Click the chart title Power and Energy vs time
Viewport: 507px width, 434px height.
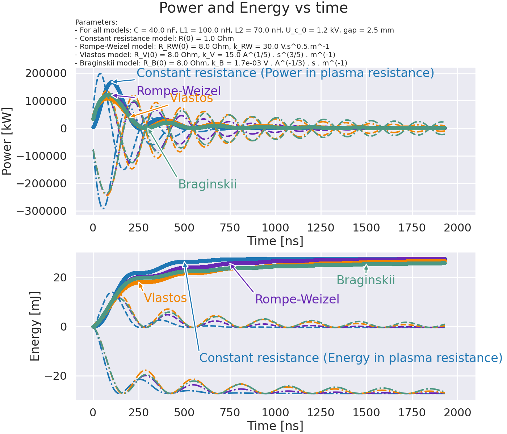click(253, 8)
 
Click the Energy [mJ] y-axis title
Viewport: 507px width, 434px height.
click(34, 327)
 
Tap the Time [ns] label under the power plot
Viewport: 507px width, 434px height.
click(275, 241)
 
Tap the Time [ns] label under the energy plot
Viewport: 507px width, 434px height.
click(275, 426)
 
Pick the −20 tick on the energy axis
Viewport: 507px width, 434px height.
click(56, 376)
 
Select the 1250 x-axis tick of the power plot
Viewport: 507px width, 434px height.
click(321, 228)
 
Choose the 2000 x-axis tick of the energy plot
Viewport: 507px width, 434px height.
click(458, 412)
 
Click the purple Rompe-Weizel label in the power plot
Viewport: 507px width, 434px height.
click(179, 91)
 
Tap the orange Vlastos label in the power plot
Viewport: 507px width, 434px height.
click(191, 98)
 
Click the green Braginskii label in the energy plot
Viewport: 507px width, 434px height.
click(365, 280)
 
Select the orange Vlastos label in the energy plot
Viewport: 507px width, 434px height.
click(165, 298)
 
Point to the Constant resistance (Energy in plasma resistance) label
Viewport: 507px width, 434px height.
click(351, 358)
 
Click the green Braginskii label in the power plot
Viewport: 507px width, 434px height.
click(208, 184)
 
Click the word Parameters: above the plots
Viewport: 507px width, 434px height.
click(96, 22)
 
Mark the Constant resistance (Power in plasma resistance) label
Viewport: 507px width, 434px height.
click(285, 73)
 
